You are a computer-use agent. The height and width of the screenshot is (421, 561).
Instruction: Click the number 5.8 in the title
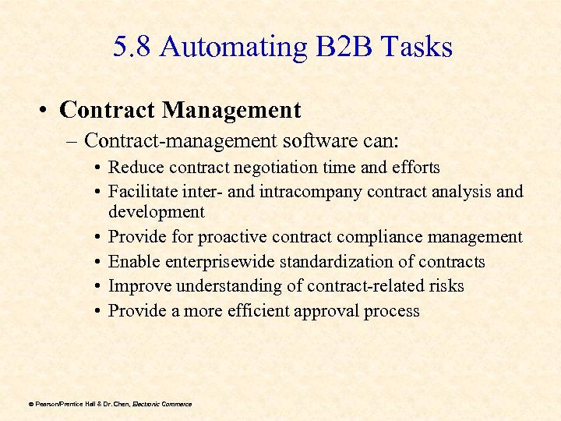131,48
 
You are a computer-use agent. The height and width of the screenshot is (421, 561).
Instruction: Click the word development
157,212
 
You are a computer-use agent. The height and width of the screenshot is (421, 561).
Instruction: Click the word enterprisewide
207,262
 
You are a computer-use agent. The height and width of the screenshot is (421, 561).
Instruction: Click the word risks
445,286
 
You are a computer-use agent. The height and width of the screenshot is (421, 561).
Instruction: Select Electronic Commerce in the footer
162,404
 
